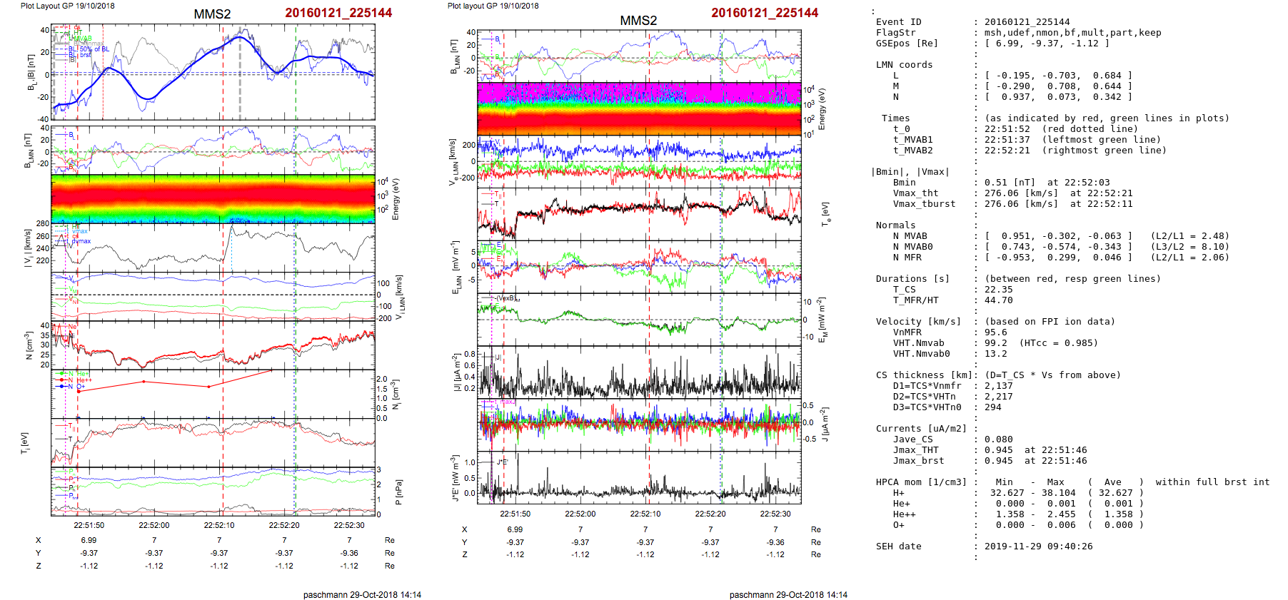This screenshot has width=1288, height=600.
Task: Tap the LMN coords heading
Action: pos(904,65)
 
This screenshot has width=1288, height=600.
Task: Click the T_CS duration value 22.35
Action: pos(998,290)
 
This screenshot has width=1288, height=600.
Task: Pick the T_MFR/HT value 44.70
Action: pos(998,300)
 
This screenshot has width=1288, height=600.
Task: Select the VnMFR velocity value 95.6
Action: pos(995,332)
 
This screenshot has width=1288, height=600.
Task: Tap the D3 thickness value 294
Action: pos(992,407)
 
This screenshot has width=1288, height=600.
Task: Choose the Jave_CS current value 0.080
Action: pos(998,439)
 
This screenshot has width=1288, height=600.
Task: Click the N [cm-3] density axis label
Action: pos(29,345)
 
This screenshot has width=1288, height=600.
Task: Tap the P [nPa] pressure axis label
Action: pos(398,492)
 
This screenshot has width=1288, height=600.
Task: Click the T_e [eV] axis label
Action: pos(825,213)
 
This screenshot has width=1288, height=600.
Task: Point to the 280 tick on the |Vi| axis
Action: pos(42,224)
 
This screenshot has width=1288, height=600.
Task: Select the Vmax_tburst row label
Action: pos(924,204)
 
